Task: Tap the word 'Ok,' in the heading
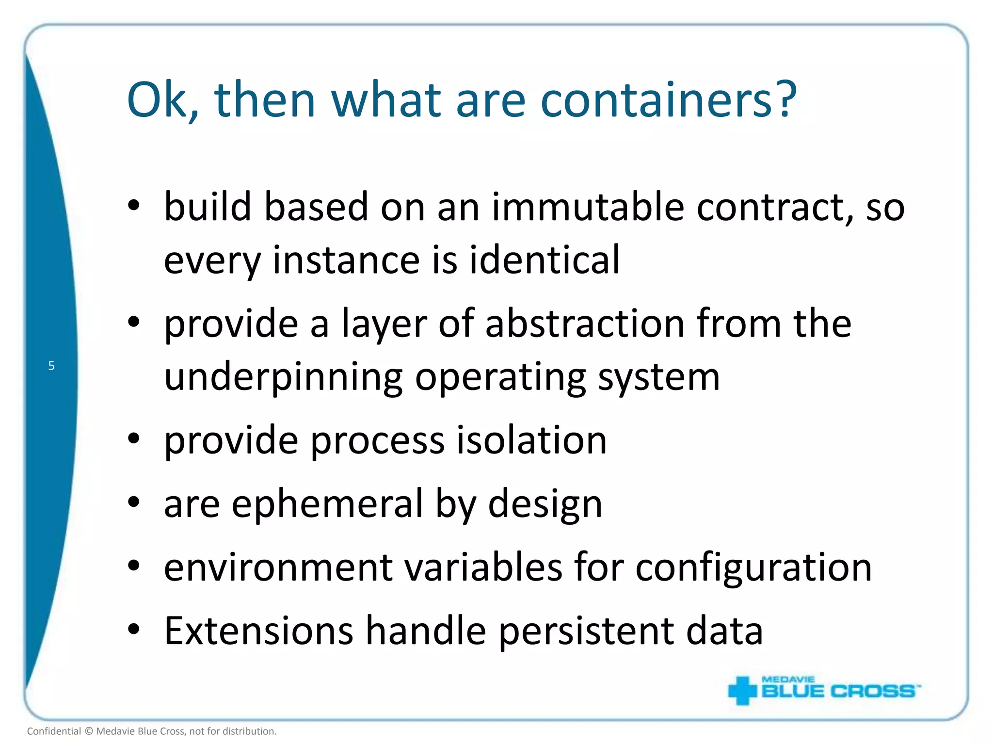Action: [163, 100]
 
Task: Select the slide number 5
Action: [51, 366]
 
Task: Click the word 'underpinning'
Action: [283, 377]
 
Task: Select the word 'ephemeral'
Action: [327, 504]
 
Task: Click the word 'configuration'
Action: [753, 567]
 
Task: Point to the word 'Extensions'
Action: [258, 631]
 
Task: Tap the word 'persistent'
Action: [586, 631]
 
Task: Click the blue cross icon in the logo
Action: [742, 690]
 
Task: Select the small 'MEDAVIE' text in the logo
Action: [788, 680]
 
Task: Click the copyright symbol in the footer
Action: [89, 731]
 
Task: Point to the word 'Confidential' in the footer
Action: [54, 731]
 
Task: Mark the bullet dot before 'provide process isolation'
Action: [134, 438]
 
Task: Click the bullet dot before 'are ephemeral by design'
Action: [134, 502]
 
